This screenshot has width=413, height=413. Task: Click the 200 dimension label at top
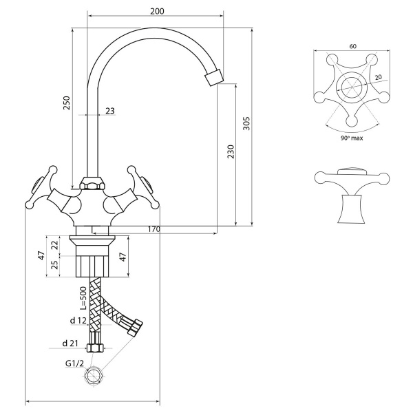[x=157, y=11]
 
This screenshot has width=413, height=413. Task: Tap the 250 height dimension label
[x=67, y=103]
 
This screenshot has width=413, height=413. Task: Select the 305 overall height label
[x=246, y=123]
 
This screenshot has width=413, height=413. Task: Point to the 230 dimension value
[x=231, y=151]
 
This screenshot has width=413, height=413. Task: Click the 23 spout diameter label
[x=110, y=111]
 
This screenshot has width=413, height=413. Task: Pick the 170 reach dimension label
[x=153, y=229]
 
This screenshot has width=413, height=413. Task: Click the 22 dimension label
[x=54, y=245]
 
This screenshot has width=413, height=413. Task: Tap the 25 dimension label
[x=54, y=265]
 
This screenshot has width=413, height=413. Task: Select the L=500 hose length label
[x=83, y=298]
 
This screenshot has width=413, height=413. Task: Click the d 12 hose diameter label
[x=78, y=321]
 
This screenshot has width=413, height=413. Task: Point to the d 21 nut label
[x=70, y=343]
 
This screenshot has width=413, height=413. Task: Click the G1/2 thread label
[x=74, y=363]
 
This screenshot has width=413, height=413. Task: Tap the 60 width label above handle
[x=352, y=46]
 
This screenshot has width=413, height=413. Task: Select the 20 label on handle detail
[x=378, y=77]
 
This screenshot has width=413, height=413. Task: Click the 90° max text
[x=352, y=138]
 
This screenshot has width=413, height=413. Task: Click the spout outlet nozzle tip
[x=214, y=77]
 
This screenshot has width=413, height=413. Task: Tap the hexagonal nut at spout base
[x=93, y=183]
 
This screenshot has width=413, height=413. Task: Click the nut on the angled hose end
[x=135, y=327]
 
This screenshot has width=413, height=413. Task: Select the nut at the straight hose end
[x=95, y=348]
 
